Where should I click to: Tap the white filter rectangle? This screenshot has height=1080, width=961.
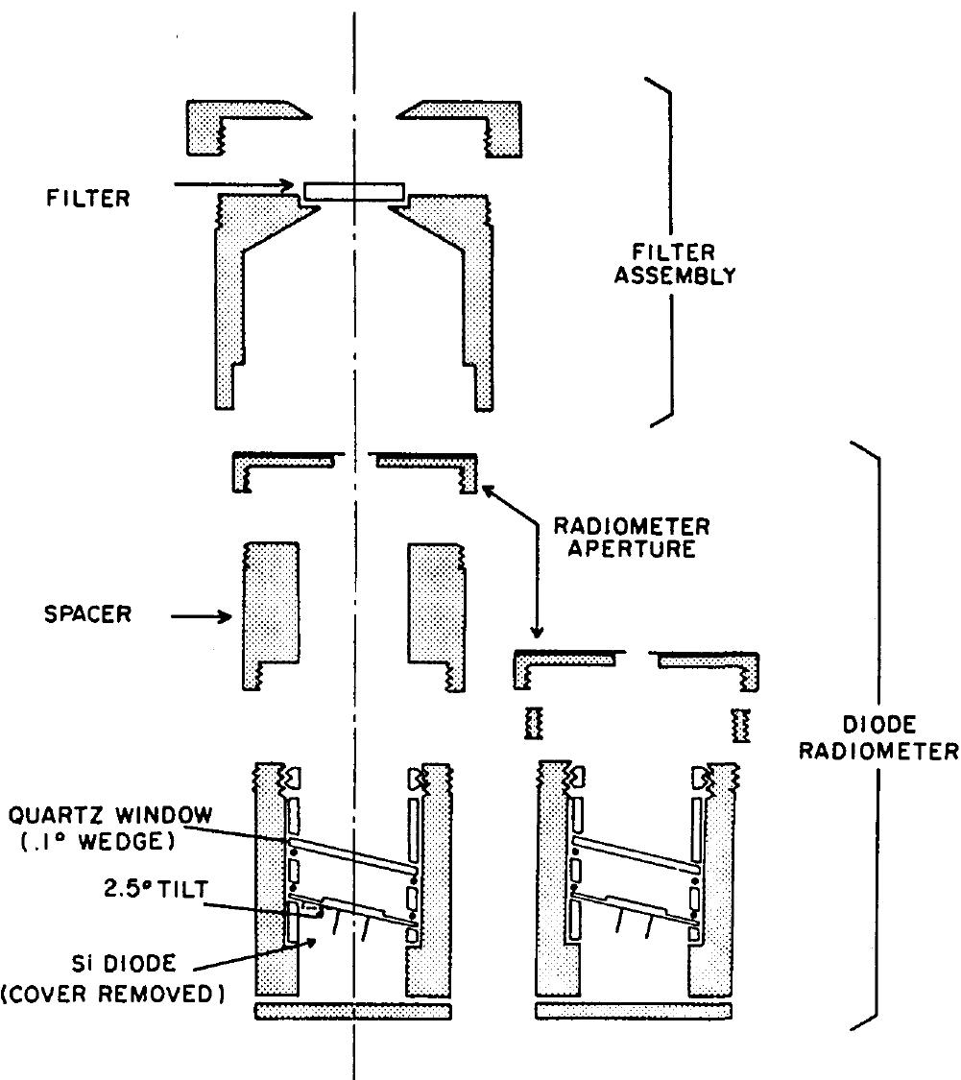[x=353, y=192]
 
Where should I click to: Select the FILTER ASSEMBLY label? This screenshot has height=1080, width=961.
[x=684, y=264]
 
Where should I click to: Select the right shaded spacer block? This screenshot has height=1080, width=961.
[x=437, y=610]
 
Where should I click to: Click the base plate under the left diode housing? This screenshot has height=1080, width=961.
[x=352, y=1012]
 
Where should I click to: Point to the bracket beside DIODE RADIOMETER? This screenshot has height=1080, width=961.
[x=869, y=734]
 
